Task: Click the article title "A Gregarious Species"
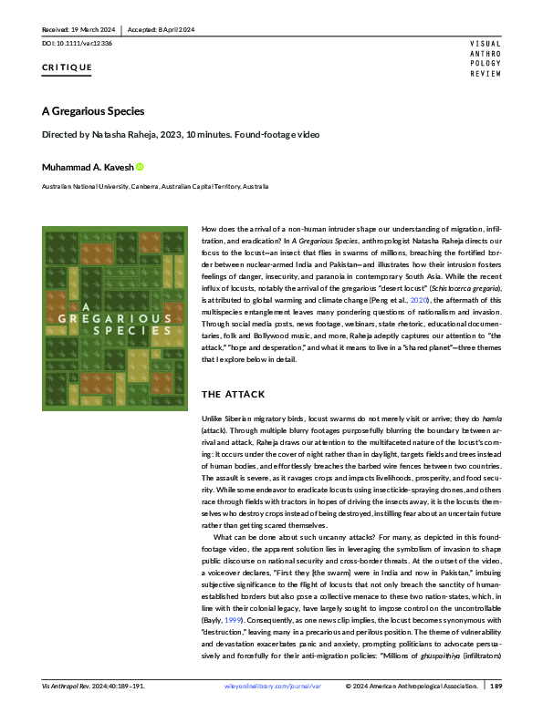[x=91, y=112]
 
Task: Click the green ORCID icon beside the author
[x=140, y=166]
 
